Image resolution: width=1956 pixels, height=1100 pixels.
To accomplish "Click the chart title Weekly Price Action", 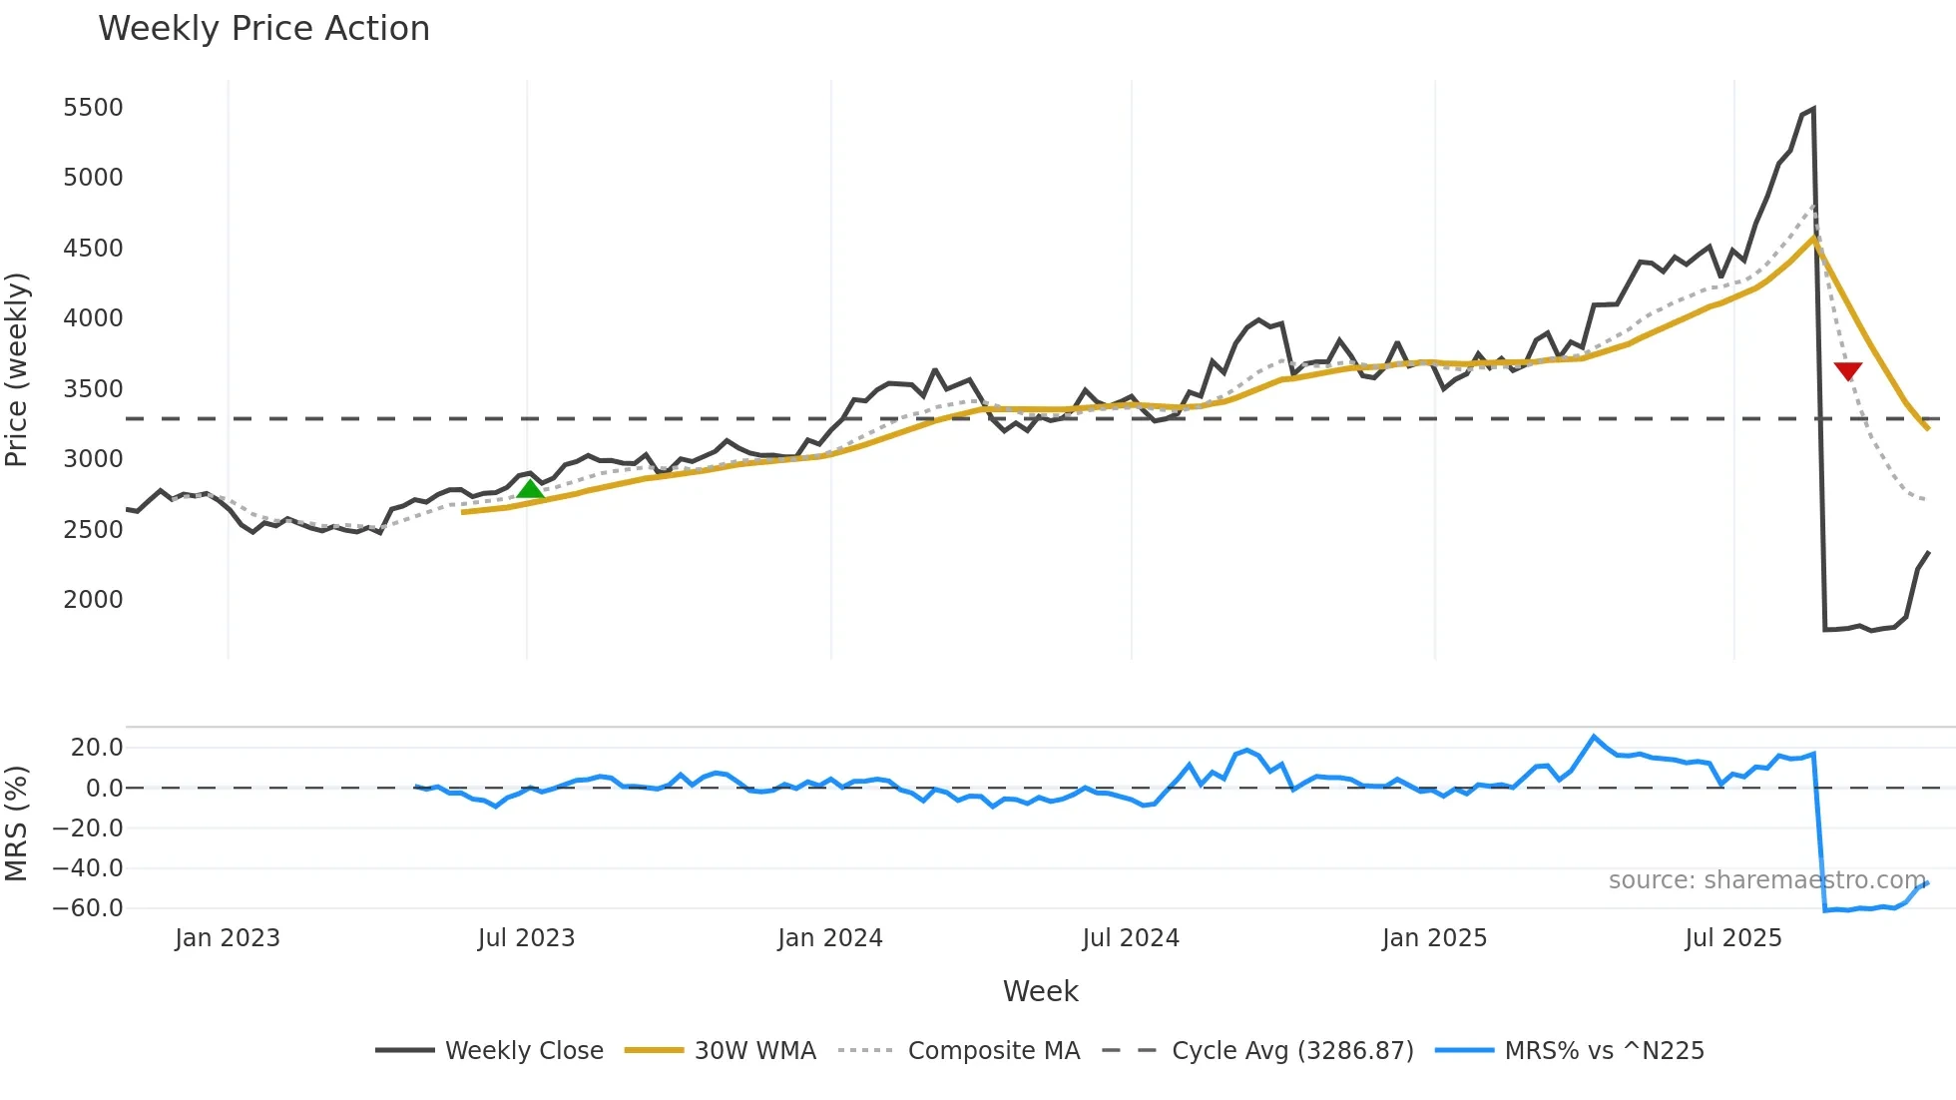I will [x=263, y=29].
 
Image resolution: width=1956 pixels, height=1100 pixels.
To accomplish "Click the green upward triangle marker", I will [x=530, y=488].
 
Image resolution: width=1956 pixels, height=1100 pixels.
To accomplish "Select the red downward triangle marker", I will [x=1847, y=371].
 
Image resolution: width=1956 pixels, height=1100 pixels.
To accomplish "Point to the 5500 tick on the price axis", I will [x=93, y=108].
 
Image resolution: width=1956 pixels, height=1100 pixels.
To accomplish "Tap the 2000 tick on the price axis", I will [x=93, y=600].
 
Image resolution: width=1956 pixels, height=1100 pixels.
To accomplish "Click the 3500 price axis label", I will [x=93, y=389].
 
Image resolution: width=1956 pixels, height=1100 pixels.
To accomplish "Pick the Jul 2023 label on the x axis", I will [x=526, y=938].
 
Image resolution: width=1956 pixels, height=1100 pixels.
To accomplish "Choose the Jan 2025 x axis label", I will [x=1434, y=938].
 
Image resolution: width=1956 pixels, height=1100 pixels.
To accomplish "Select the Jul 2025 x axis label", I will [x=1733, y=938].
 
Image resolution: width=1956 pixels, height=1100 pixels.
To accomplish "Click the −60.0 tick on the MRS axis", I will [x=88, y=908].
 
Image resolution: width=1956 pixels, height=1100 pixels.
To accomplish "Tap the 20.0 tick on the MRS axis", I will [x=97, y=748].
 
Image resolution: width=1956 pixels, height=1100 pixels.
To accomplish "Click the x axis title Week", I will [x=1040, y=991].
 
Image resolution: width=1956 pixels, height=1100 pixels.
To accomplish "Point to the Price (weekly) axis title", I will [x=17, y=369].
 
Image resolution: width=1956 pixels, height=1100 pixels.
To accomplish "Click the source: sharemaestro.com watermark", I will [x=1766, y=880].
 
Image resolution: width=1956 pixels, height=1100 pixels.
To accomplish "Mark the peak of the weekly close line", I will [x=1813, y=109].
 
